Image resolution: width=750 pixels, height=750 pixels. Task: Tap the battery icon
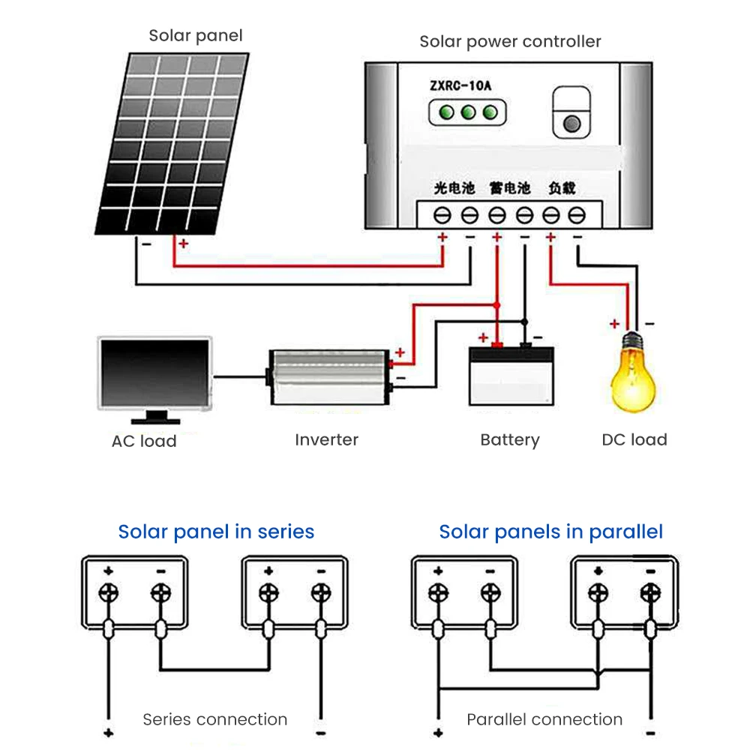point(512,375)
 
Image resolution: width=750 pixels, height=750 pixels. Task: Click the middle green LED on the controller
point(469,112)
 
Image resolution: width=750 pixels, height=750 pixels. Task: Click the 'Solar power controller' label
point(510,41)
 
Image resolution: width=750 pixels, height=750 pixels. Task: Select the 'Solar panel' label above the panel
point(196,35)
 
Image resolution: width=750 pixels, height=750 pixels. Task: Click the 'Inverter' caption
point(326,439)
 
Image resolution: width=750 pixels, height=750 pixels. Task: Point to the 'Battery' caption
point(510,439)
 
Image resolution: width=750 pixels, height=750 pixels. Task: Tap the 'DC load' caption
point(634,439)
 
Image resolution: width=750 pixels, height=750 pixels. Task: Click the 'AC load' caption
point(144,441)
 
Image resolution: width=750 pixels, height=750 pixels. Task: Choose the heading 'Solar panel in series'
point(216,532)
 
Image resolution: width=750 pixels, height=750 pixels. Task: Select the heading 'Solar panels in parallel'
point(551,532)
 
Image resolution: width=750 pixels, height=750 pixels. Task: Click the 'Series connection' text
point(215,720)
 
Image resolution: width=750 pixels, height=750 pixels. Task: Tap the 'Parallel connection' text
point(544,720)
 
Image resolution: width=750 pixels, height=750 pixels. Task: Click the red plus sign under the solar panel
point(183,244)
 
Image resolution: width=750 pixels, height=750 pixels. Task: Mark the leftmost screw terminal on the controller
point(442,216)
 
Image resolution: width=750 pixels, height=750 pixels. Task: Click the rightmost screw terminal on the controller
point(576,216)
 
